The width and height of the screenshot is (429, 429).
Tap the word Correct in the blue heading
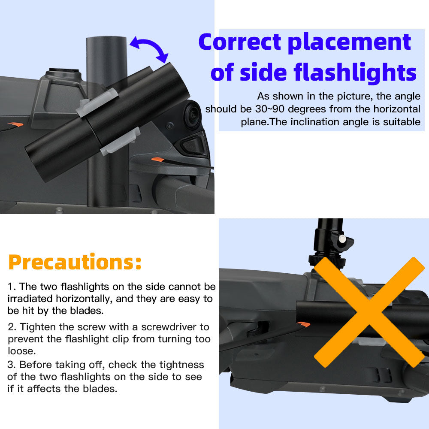240,42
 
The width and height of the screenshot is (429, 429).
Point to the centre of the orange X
369,312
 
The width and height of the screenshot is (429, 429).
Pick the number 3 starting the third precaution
11,365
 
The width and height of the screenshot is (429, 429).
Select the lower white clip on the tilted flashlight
121,141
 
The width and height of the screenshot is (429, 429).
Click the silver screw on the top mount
342,239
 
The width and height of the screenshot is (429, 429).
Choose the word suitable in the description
399,122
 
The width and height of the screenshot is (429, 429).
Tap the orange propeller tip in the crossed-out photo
303,324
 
